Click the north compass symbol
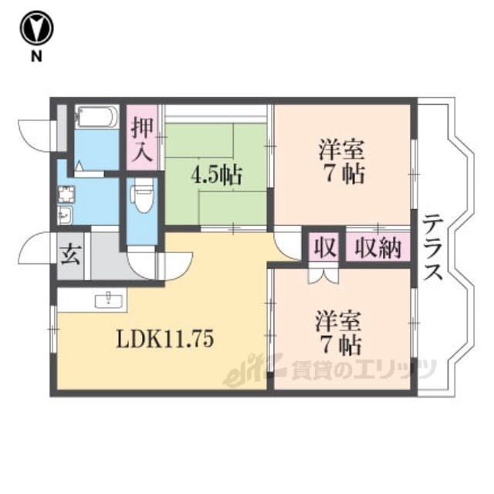[36, 28]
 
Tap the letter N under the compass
[36, 56]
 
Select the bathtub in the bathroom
[96, 117]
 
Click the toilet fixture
[142, 195]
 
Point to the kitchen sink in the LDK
[109, 299]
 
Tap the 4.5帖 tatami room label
[216, 175]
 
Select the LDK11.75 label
[165, 339]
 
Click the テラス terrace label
[432, 247]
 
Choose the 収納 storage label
[377, 249]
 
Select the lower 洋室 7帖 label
[339, 333]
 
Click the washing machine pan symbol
[66, 194]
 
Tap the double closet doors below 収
[323, 275]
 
